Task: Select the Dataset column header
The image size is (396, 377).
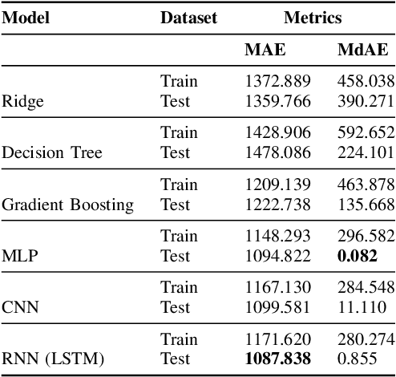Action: point(188,18)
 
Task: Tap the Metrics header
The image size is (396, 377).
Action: point(313,18)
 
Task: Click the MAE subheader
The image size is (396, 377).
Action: point(264,50)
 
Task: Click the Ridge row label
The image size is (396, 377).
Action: point(23,101)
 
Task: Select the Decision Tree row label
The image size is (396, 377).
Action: point(52,152)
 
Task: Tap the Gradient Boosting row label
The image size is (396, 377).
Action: point(68,205)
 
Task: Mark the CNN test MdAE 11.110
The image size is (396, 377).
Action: point(370,307)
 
